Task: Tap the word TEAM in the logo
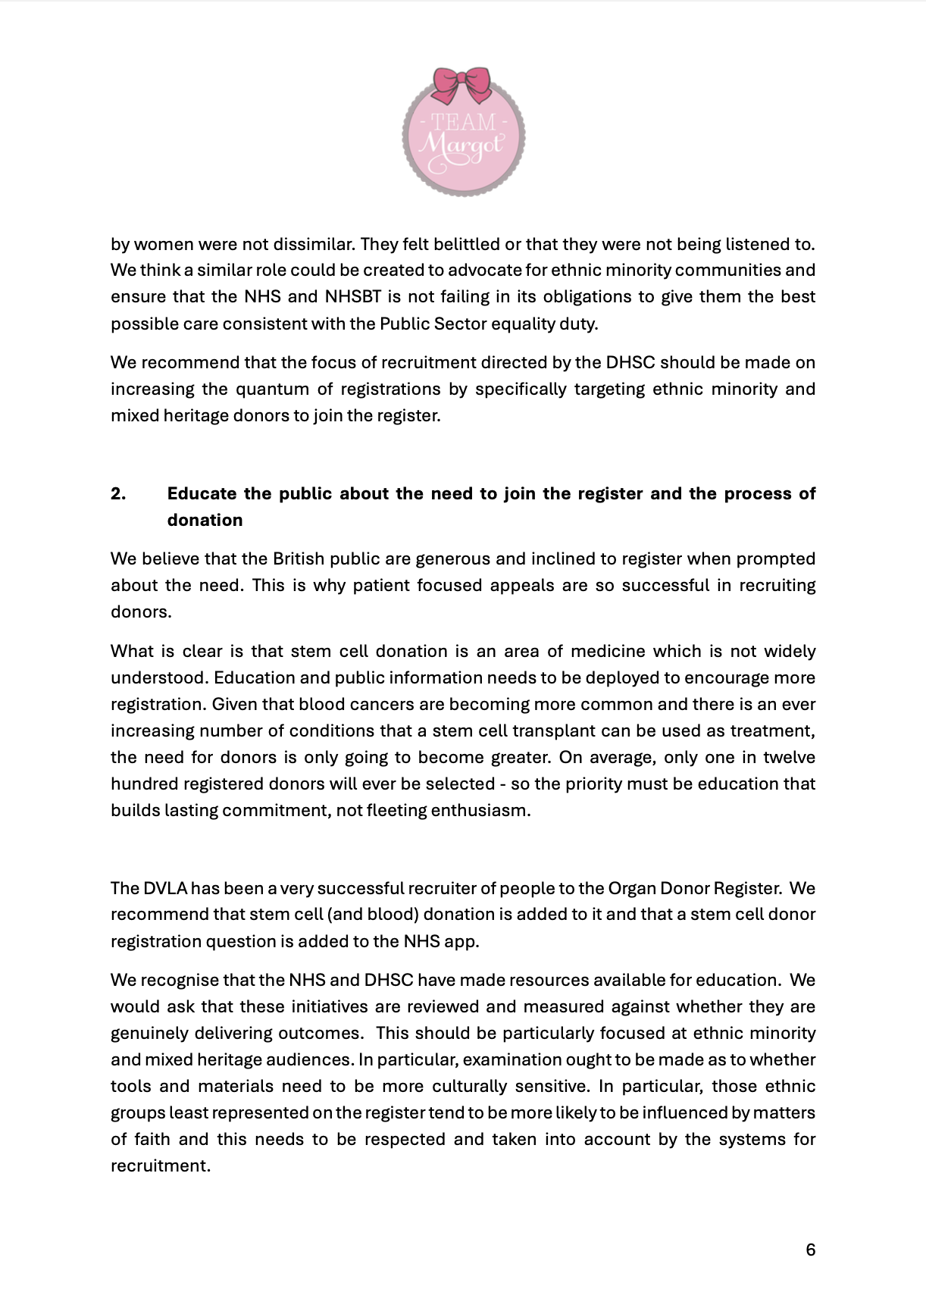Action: (x=463, y=122)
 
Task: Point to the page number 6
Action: (x=810, y=1250)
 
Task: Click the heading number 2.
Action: (x=118, y=494)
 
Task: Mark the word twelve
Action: (x=789, y=758)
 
